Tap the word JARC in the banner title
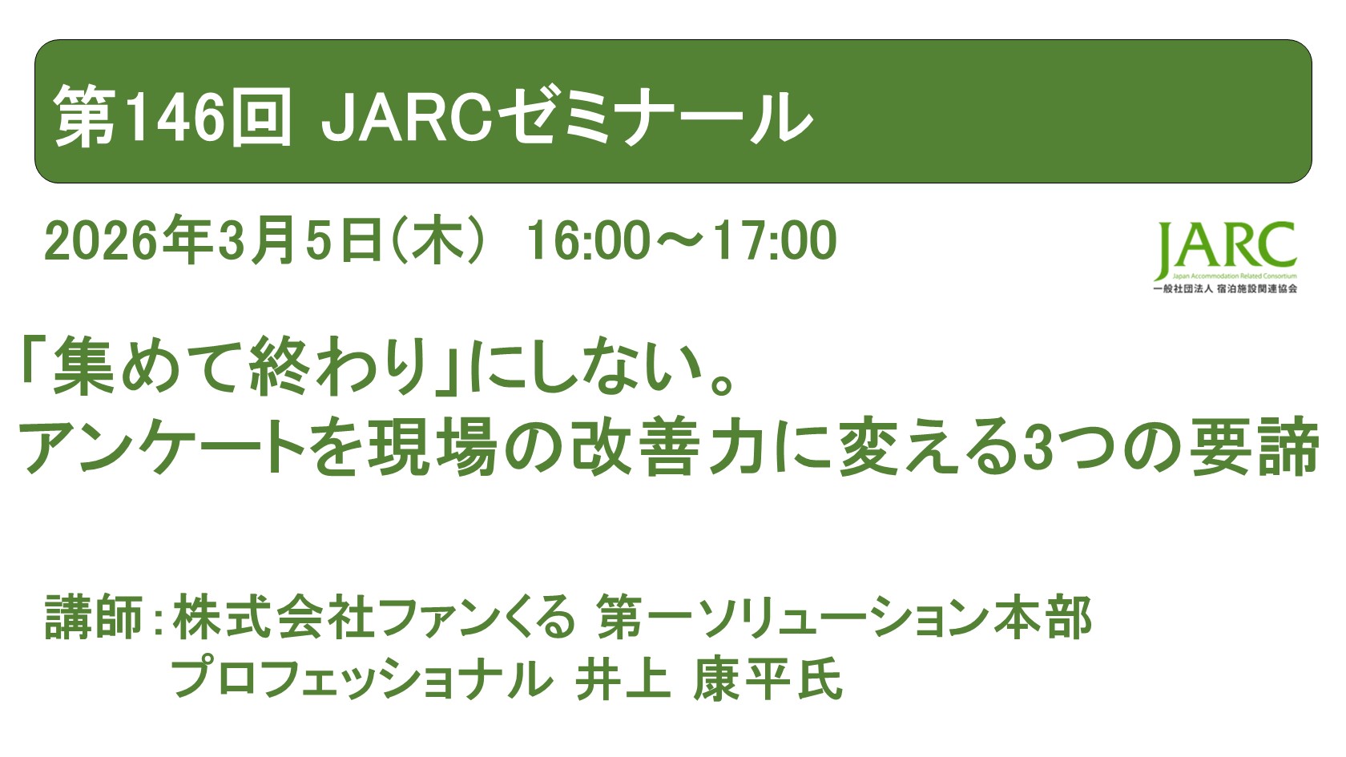(405, 119)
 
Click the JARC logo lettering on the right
(1226, 247)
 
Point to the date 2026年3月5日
(212, 241)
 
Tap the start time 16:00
(588, 241)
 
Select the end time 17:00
(774, 241)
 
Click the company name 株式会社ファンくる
(373, 618)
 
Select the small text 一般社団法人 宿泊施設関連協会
(1224, 288)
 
